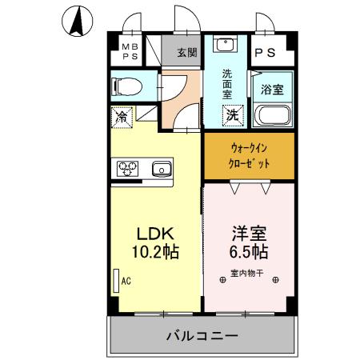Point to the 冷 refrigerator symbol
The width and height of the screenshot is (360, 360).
click(122, 116)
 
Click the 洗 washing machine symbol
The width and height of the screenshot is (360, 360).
click(231, 114)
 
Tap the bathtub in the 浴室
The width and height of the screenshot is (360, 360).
click(273, 116)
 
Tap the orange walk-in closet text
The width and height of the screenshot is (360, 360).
click(249, 155)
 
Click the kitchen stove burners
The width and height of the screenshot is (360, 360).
click(129, 168)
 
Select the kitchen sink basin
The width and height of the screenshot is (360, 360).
click(161, 168)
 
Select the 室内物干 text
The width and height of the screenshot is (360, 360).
click(248, 272)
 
